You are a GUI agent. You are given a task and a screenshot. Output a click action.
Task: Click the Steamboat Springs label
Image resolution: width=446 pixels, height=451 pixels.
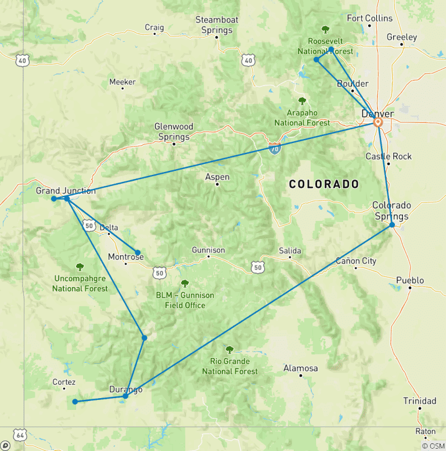point(217,25)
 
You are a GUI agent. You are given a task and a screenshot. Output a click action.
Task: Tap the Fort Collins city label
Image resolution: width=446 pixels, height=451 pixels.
point(369,18)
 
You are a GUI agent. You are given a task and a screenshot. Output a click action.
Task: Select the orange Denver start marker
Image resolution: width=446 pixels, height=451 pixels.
point(377,123)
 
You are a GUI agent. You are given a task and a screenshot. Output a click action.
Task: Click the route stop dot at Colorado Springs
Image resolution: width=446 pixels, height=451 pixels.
point(392,224)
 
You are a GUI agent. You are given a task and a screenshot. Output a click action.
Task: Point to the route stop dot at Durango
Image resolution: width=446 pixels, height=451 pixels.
point(125,396)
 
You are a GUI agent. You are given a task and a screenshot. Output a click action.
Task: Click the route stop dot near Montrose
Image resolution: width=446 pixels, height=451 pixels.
point(138,252)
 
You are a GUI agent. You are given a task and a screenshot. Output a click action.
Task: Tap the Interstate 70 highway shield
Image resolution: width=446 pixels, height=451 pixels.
point(275,148)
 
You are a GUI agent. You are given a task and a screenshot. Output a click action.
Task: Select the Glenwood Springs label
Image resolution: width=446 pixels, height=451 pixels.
point(174,131)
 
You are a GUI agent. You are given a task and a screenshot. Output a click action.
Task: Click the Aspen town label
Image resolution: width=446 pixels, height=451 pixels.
point(217,177)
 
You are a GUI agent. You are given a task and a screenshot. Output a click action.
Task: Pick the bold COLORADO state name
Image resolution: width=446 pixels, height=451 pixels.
point(324,184)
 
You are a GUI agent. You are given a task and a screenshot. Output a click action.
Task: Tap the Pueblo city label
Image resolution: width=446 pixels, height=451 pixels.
point(410,280)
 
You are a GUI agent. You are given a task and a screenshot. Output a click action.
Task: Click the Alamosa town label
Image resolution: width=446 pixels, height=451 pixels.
point(300,368)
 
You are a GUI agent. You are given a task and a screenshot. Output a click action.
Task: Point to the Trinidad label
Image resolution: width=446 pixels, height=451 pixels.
point(420,400)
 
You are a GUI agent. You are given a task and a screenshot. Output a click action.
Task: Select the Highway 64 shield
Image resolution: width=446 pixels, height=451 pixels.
point(21,435)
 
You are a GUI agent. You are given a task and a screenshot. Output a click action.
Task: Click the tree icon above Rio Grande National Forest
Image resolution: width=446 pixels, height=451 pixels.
point(229,350)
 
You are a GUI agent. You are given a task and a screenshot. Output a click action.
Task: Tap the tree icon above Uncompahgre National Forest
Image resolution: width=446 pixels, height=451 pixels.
point(80,267)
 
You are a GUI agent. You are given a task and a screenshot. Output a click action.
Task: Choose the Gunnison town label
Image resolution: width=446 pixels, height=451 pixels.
point(208,250)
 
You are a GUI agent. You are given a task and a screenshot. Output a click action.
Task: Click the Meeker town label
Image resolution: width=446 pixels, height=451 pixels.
point(122,82)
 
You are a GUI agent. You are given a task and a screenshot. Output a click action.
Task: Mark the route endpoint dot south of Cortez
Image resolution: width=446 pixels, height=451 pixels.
point(75,402)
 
